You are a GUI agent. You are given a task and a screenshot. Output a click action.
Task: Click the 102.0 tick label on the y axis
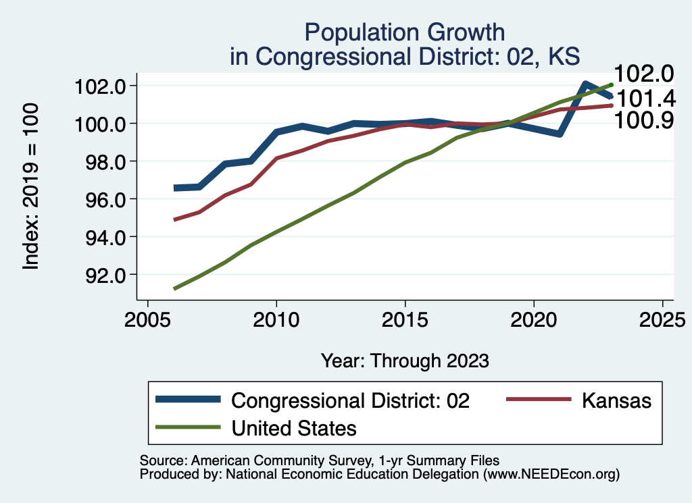point(102,86)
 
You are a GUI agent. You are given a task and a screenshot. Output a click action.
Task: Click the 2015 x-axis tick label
point(405,319)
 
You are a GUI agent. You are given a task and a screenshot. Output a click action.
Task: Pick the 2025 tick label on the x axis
point(663,319)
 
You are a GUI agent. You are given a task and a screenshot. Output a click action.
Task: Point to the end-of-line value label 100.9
point(643,121)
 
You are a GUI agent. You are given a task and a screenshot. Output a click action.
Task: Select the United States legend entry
point(293,427)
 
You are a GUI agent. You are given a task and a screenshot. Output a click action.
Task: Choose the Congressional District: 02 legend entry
point(350,400)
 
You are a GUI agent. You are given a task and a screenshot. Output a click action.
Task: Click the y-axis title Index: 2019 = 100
point(31,186)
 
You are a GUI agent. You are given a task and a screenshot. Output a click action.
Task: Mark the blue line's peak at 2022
point(585,84)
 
